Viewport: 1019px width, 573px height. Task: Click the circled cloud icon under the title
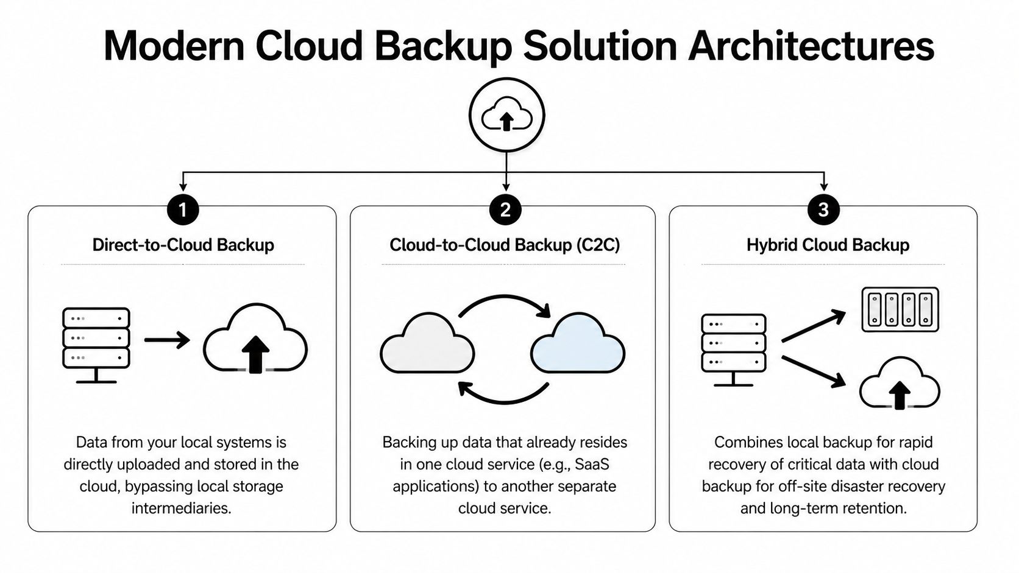point(506,114)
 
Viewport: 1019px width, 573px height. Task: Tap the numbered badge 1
point(182,210)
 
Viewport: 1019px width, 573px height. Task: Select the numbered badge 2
point(505,210)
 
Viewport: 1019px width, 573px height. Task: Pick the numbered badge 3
point(823,210)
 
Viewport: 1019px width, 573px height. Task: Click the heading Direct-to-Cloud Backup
point(183,245)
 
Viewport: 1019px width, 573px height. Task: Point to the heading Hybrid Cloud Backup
point(828,245)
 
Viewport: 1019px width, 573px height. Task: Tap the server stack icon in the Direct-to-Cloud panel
point(96,343)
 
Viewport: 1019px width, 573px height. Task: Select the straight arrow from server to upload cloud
point(167,340)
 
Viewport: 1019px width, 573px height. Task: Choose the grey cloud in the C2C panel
point(427,344)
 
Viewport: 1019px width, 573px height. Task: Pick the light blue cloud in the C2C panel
point(578,344)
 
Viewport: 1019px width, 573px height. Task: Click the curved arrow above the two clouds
point(505,304)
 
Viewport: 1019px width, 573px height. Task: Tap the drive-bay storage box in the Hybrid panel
point(900,309)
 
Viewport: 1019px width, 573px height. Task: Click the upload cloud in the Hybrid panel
point(900,384)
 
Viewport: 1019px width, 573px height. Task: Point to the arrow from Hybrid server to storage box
point(813,326)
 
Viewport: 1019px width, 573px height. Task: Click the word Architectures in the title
point(811,46)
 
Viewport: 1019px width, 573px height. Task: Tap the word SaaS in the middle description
point(592,465)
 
